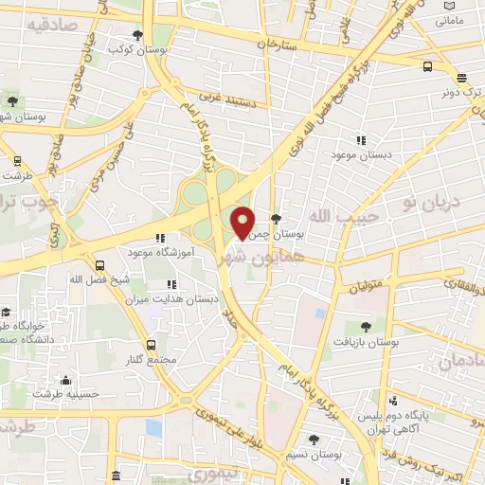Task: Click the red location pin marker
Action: tap(243, 223)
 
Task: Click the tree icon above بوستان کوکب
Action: tap(138, 35)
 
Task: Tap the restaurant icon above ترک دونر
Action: tap(461, 79)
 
